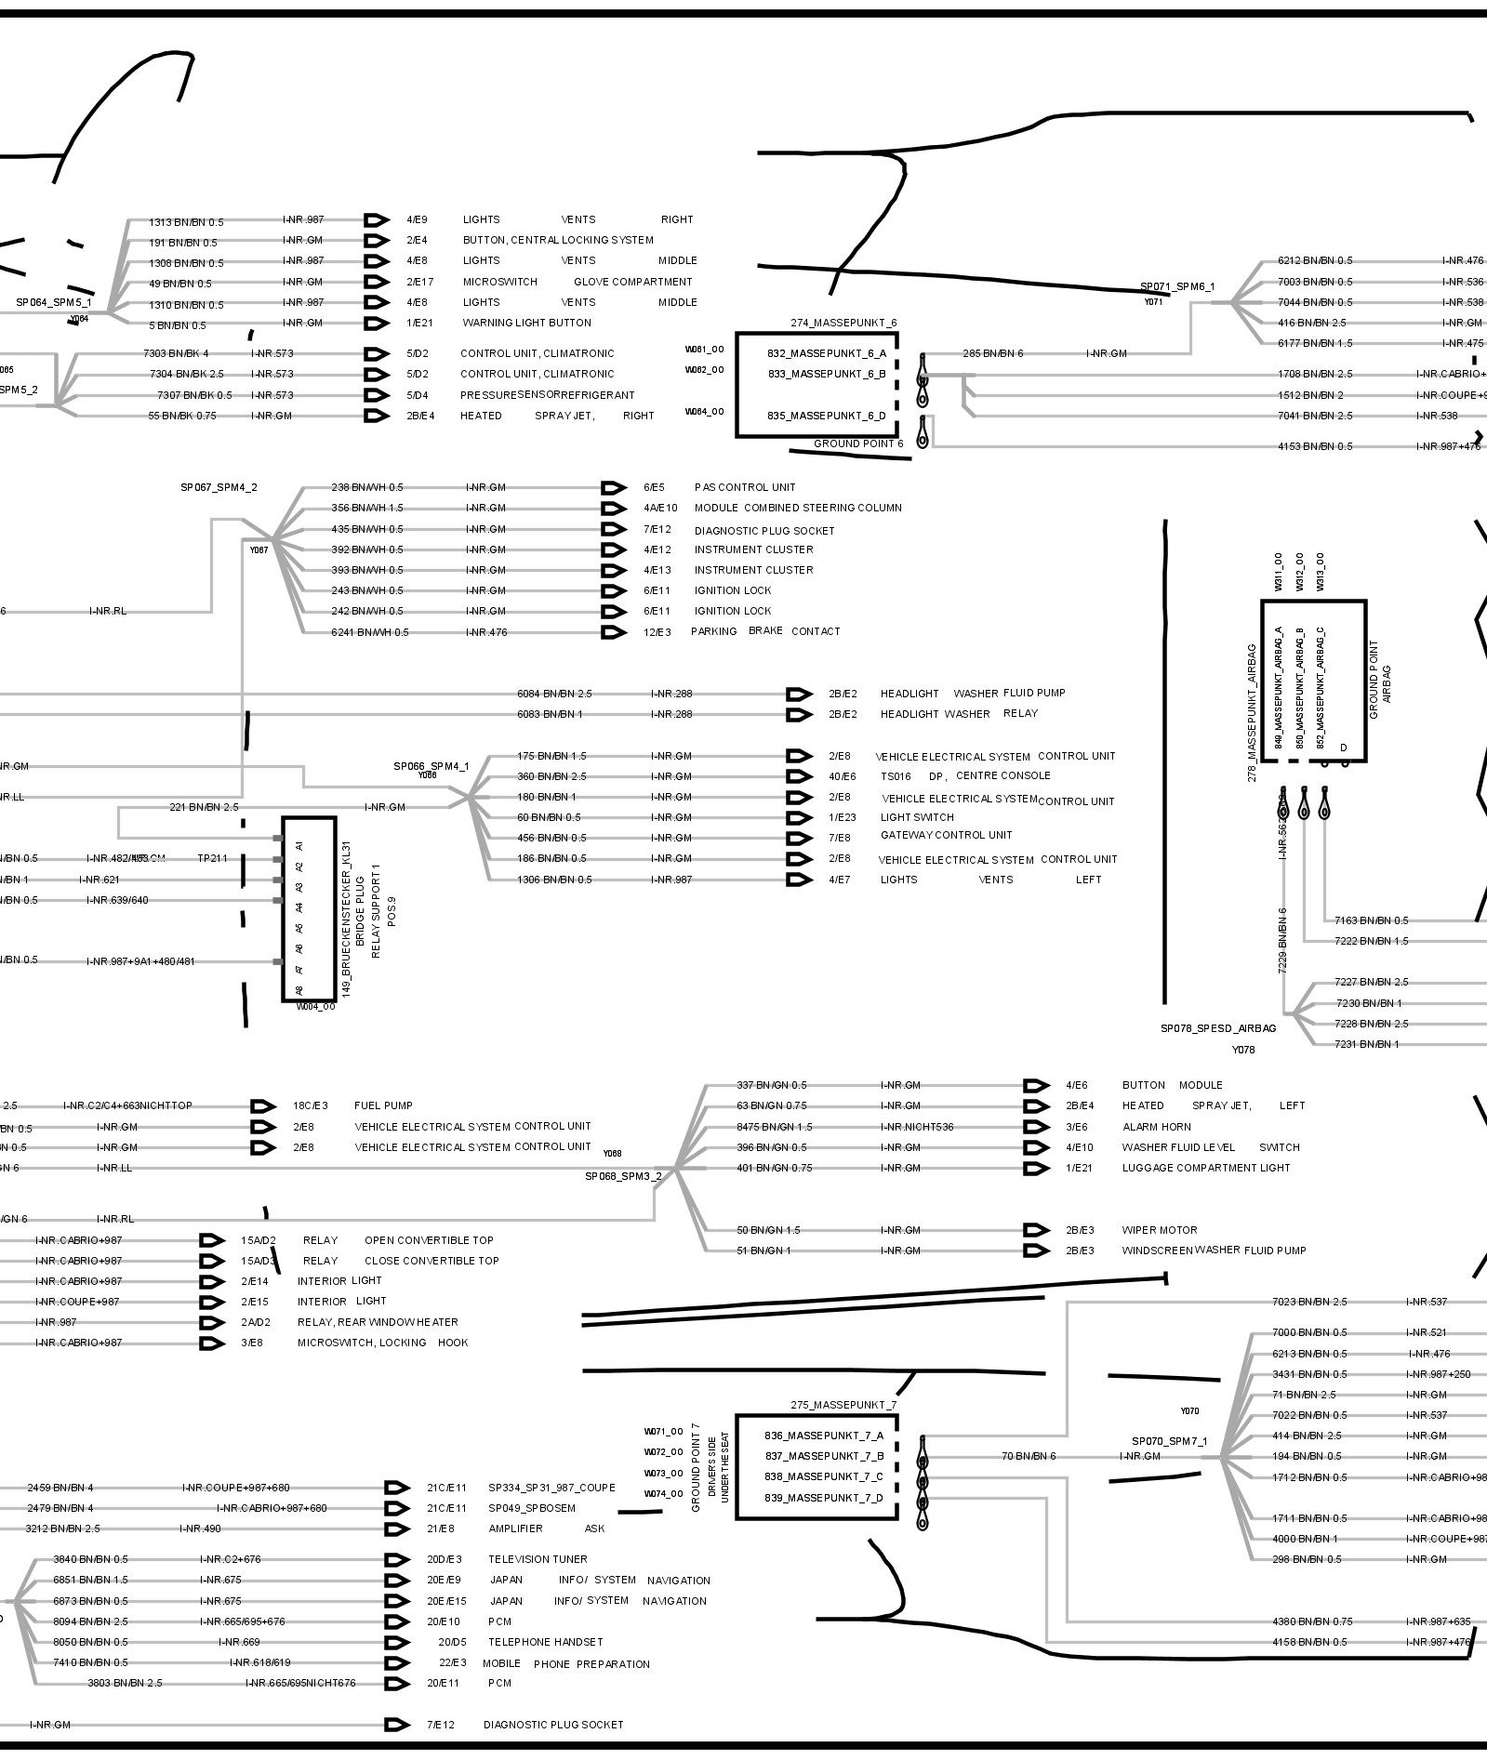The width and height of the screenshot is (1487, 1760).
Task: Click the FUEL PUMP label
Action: coord(383,1105)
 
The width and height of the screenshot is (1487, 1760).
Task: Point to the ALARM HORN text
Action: coord(1157,1127)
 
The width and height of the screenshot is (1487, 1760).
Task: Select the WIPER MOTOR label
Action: coord(1160,1230)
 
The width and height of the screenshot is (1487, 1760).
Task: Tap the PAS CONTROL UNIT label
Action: coord(745,487)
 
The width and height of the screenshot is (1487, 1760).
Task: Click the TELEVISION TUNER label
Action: coord(538,1559)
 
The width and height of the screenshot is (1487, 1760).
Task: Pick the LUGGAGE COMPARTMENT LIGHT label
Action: coord(1206,1168)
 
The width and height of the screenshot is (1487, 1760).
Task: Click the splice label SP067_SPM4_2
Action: coord(219,487)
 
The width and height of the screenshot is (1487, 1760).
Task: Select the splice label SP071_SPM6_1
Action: coord(1177,286)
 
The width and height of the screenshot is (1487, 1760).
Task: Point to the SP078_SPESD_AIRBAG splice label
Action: coord(1218,1028)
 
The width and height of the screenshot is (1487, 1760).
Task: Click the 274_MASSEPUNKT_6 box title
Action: coord(844,323)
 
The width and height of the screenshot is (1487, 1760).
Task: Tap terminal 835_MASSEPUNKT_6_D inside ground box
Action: coord(827,416)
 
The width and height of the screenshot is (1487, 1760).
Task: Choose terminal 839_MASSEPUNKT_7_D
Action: coord(824,1498)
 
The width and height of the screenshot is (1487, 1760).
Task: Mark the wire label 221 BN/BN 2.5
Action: coord(204,807)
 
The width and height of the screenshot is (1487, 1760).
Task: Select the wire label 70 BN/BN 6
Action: coord(1029,1456)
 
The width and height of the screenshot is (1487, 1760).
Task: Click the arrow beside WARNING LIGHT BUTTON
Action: coord(376,324)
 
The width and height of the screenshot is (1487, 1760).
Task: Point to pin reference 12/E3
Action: coord(657,632)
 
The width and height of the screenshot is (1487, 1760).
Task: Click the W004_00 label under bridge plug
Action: coord(316,1006)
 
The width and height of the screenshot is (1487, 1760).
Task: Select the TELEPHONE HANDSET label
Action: coord(546,1641)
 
